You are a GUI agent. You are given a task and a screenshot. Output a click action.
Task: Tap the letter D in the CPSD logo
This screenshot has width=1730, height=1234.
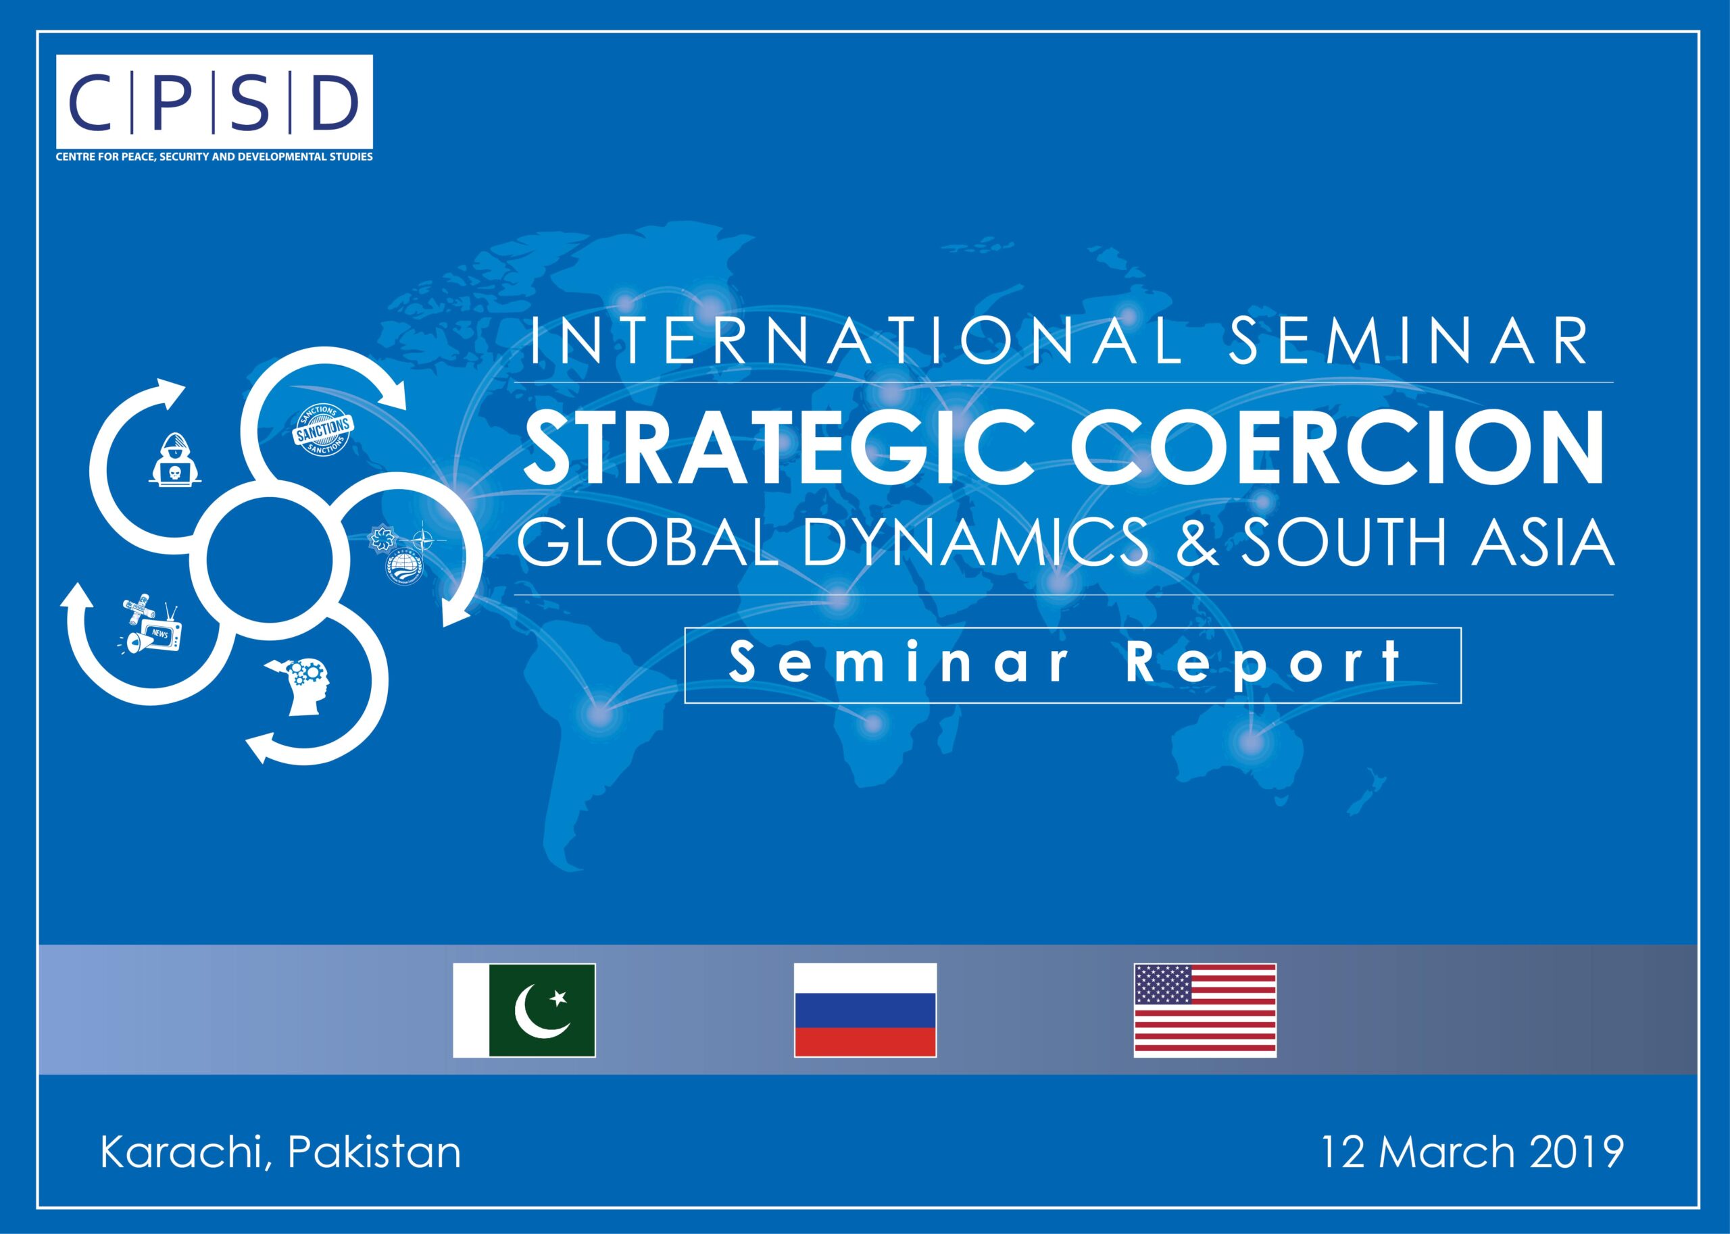tap(334, 103)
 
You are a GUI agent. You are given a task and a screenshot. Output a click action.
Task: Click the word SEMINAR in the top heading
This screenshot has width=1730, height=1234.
tap(1408, 341)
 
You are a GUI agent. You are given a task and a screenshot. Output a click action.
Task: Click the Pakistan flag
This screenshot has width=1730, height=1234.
tap(524, 1010)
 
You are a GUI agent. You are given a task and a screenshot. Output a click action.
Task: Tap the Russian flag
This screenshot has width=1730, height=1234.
tap(865, 1010)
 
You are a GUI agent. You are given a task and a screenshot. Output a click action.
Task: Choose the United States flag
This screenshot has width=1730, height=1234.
tap(1206, 1010)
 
